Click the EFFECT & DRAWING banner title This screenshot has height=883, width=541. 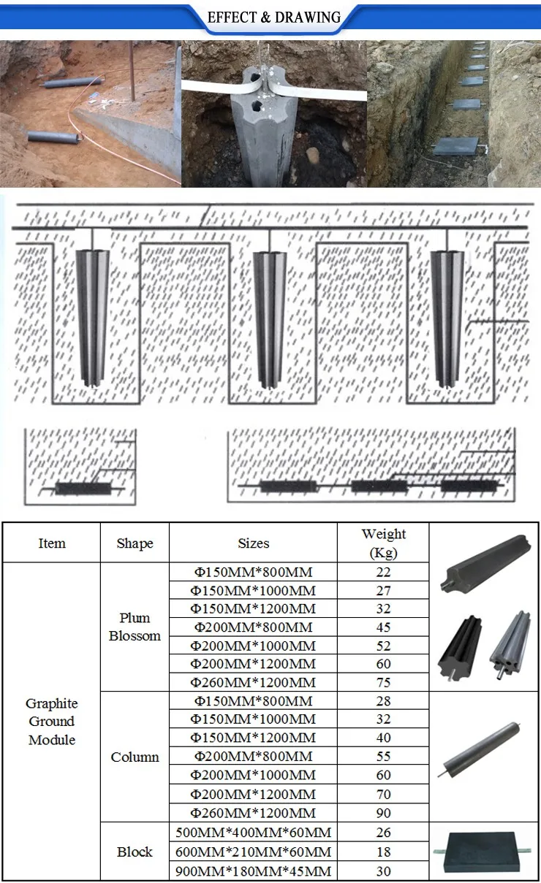coord(274,18)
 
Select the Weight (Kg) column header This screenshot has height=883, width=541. coord(383,543)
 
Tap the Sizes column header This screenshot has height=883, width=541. coord(253,543)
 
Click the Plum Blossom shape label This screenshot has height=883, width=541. coord(135,627)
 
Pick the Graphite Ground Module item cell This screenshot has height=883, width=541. coord(52,721)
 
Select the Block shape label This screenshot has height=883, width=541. coord(135,852)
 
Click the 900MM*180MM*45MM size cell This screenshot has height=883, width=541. coord(253,871)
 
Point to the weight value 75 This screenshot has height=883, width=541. coord(383,683)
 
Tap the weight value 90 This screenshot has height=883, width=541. coord(383,813)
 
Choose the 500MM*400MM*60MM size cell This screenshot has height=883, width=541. coord(253,833)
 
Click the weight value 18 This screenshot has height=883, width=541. coord(383,852)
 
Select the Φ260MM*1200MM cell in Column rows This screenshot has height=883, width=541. coord(253,813)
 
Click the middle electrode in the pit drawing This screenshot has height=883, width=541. coord(270,318)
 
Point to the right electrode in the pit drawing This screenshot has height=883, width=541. coord(447,318)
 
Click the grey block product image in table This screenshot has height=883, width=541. coord(483,852)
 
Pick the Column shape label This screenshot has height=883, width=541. coord(135,757)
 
